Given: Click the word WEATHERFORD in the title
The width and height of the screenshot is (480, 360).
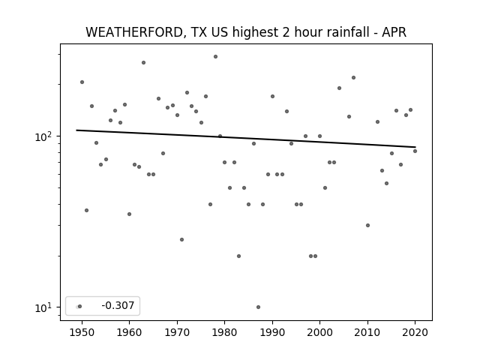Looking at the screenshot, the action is (134, 32).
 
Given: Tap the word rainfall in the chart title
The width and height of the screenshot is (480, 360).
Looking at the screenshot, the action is (349, 31).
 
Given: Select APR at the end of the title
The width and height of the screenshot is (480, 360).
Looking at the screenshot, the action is (394, 32).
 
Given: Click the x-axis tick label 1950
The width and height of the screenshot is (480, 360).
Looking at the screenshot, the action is (82, 332).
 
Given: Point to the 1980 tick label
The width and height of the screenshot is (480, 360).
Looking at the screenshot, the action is (224, 332).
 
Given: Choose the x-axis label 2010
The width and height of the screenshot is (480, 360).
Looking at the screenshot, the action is (367, 332).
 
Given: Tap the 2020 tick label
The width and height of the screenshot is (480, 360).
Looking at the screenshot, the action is (415, 332).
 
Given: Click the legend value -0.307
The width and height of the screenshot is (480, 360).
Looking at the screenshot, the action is (118, 305).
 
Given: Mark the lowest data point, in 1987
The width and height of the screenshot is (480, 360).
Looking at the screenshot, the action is (258, 307).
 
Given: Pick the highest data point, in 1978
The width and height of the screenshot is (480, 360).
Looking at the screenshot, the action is (215, 57).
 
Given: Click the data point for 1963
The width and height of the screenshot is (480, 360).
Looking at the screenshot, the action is (143, 63).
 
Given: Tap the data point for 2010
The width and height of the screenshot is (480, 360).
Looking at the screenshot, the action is (367, 225).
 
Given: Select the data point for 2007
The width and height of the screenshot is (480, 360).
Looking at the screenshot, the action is (353, 78).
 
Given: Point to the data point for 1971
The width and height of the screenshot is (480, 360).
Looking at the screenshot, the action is (181, 240).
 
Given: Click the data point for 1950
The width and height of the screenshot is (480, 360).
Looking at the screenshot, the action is (82, 82).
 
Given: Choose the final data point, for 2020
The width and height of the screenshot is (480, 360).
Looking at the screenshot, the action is (415, 151).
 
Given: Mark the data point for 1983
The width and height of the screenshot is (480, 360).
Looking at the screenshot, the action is (238, 256).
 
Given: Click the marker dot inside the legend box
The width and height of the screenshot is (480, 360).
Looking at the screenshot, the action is (80, 307).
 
